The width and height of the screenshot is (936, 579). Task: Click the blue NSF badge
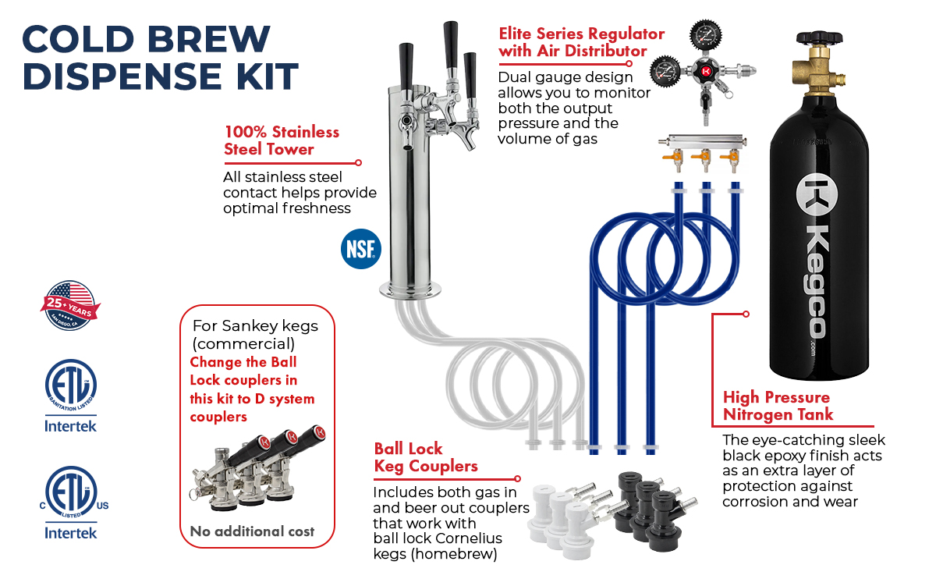[x=361, y=249]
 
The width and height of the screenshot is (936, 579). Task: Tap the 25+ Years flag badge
[x=70, y=306]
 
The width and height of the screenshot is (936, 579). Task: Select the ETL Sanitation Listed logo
[x=71, y=385]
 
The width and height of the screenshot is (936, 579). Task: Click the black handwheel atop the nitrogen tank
[x=820, y=37]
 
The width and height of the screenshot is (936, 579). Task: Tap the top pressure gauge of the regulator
[x=706, y=35]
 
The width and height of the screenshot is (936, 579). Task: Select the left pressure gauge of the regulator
[x=665, y=71]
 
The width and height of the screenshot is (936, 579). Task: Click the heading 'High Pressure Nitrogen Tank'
[x=778, y=406]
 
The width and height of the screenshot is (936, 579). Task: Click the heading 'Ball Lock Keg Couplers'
[x=425, y=457]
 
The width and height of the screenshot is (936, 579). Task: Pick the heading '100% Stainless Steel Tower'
[x=282, y=140]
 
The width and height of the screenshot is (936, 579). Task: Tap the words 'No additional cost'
[x=252, y=531]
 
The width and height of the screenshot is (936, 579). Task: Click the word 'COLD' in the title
[x=78, y=39]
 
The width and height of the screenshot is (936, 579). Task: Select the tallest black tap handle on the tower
[x=451, y=45]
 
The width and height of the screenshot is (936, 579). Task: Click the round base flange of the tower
[x=410, y=289]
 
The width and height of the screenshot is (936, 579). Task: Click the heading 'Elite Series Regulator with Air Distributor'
[x=581, y=42]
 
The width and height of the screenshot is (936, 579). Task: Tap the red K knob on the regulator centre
[x=706, y=71]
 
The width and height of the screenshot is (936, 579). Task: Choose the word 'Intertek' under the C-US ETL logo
[x=71, y=533]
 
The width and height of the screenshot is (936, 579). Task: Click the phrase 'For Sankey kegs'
[x=255, y=325]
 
